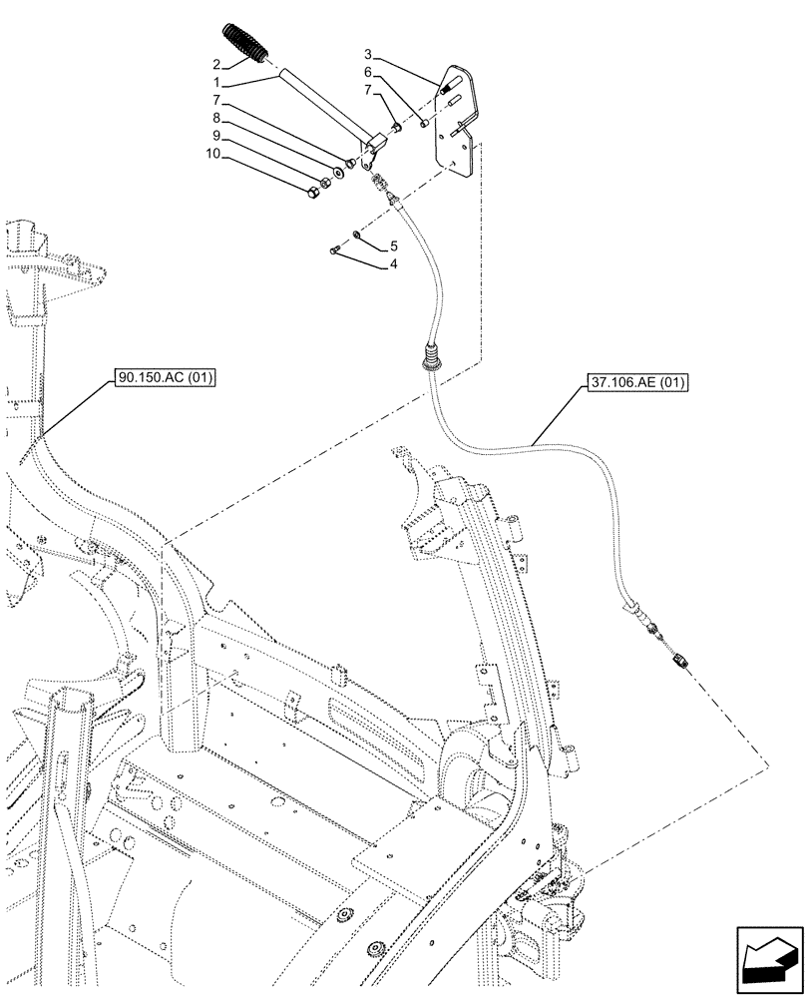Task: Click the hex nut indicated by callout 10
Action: tap(312, 187)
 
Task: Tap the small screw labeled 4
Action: tap(335, 249)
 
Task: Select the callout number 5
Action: tap(394, 245)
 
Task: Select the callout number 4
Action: tap(394, 266)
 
